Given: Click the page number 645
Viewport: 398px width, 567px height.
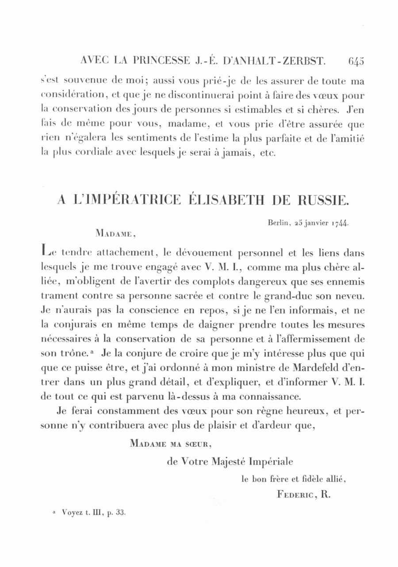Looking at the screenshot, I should pyautogui.click(x=356, y=61).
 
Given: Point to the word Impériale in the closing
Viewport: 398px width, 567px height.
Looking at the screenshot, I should pyautogui.click(x=271, y=462).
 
